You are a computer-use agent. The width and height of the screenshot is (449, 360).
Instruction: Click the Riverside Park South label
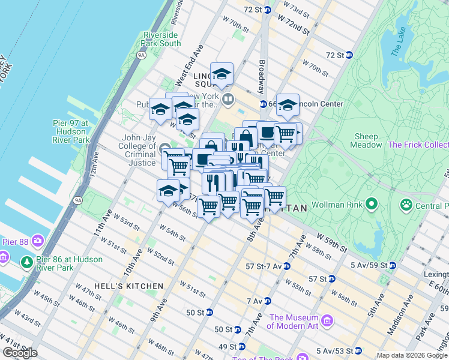161,39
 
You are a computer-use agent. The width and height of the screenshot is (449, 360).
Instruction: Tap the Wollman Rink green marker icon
372,205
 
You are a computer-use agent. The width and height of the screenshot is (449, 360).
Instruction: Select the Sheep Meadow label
366,140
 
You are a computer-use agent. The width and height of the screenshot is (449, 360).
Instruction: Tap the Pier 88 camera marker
37,242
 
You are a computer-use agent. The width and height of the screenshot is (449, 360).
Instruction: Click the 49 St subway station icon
241,347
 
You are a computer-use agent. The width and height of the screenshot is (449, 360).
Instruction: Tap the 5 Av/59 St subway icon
392,265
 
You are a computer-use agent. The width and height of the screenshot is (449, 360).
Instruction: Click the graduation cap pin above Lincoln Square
222,74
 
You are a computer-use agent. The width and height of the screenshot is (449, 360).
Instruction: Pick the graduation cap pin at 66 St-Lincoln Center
288,105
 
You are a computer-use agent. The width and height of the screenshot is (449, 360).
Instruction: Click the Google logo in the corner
20,353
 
